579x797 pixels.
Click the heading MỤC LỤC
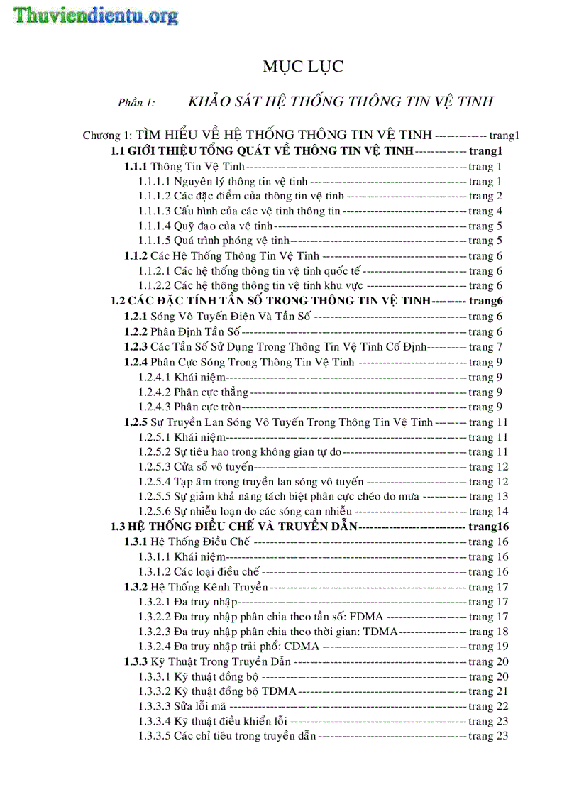click(x=303, y=67)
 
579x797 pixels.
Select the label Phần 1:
click(x=136, y=103)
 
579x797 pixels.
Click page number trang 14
click(x=488, y=512)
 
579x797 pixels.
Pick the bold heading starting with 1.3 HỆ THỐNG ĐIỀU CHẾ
click(x=235, y=527)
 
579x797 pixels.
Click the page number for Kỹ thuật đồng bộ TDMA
click(x=488, y=691)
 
